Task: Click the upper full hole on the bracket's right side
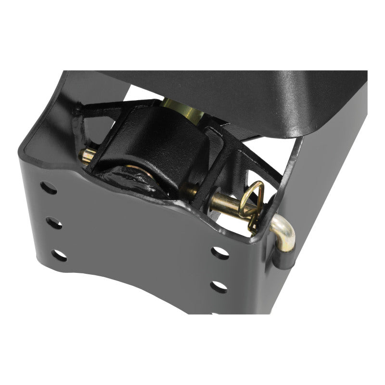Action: click(219, 253)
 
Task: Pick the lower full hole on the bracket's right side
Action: click(219, 286)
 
